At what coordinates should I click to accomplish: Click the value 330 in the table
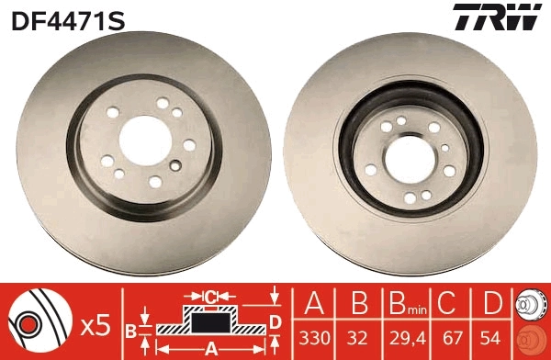tap(316, 338)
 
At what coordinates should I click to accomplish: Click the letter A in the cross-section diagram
tap(209, 347)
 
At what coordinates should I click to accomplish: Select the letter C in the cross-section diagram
tap(209, 296)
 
